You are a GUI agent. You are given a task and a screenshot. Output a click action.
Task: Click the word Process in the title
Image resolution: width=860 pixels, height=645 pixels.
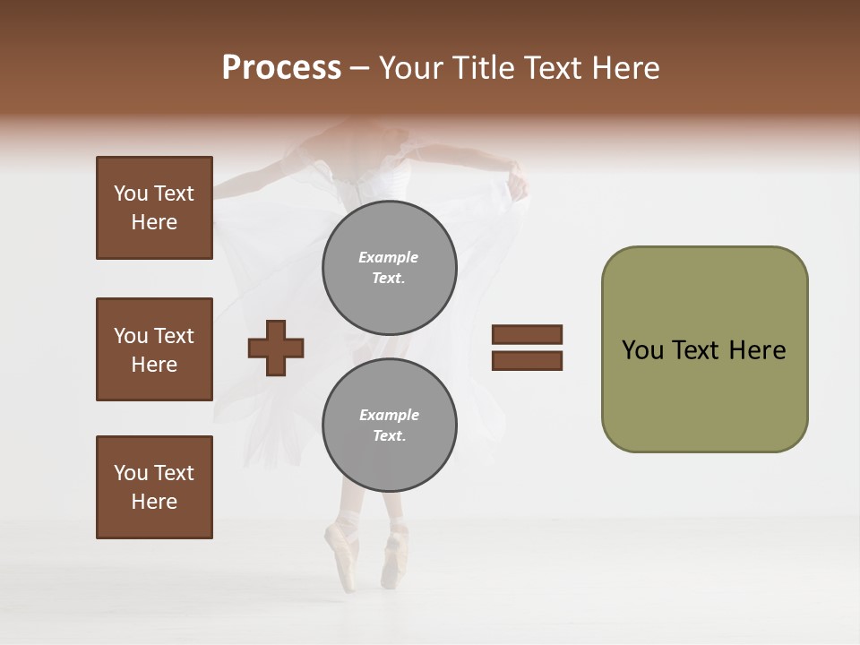281,67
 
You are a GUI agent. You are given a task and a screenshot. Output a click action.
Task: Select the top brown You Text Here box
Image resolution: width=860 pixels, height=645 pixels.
154,208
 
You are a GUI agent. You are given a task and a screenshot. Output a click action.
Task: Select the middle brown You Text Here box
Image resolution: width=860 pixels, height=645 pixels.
154,349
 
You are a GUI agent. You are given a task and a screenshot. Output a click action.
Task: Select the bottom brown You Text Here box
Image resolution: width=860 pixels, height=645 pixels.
154,487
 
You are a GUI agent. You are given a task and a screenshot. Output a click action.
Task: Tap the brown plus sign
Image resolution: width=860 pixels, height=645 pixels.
276,348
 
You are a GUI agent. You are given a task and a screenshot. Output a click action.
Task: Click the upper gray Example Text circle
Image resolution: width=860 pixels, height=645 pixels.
390,267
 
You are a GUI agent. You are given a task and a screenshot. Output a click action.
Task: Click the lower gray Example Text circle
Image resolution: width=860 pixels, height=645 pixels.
390,425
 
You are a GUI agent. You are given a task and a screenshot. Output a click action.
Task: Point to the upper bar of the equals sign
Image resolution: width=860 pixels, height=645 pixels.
527,334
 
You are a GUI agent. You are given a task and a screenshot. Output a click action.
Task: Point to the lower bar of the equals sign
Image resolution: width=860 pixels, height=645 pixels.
527,361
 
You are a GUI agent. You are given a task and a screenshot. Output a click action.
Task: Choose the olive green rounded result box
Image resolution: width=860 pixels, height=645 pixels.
704,349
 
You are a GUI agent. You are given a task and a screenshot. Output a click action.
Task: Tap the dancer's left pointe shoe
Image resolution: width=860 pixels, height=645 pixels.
341,555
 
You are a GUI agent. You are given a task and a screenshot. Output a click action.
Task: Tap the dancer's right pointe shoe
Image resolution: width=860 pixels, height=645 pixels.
391,560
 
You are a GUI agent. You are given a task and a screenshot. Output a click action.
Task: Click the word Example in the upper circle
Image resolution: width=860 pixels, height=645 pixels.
388,257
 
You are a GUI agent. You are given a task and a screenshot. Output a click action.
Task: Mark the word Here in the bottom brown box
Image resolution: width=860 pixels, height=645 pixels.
154,502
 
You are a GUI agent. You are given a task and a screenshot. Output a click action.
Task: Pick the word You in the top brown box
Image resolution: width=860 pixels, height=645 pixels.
131,193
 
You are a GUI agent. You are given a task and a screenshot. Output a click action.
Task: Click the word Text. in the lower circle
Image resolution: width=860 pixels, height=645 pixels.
388,435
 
